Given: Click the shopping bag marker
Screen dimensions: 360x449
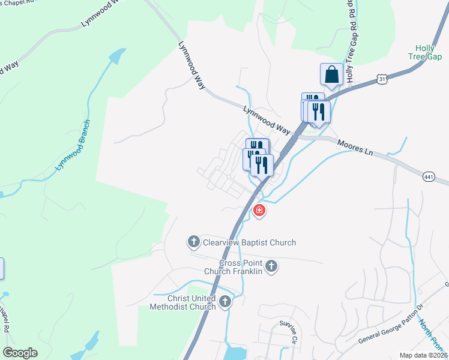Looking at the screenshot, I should tap(331, 75).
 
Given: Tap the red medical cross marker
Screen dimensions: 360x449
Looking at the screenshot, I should tap(259, 211).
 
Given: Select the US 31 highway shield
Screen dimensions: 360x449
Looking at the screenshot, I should tap(382, 79).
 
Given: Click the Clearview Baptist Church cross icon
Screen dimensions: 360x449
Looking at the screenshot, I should tap(193, 242).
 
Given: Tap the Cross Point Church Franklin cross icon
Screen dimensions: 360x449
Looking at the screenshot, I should tap(271, 266).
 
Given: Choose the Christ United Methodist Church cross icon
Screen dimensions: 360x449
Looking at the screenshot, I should tap(225, 301).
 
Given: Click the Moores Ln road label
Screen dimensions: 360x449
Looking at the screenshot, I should tap(355, 148).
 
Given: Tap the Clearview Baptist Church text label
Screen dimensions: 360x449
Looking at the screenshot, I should tap(249, 242).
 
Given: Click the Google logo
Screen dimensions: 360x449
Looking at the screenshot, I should tap(20, 352).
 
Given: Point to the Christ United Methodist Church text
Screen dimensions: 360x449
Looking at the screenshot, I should tap(184, 302).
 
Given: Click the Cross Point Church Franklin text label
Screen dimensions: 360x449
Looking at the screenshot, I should tap(233, 267).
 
